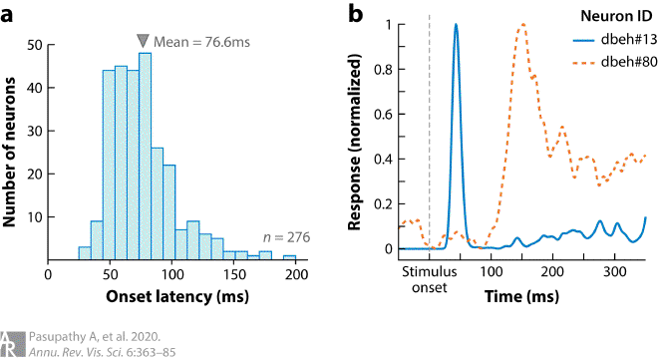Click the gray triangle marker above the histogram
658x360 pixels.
click(144, 40)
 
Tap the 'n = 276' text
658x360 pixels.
click(287, 237)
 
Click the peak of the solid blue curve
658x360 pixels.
click(456, 25)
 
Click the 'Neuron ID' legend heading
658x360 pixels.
click(612, 17)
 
